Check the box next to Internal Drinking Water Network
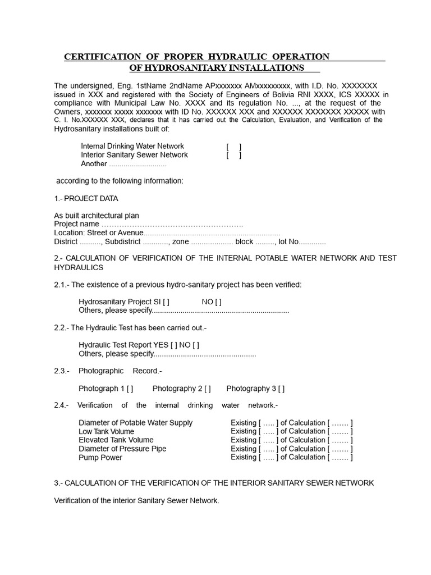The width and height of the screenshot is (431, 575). [x=234, y=147]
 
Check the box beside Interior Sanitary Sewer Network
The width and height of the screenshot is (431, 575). [x=234, y=155]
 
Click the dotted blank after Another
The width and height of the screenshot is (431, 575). [x=137, y=164]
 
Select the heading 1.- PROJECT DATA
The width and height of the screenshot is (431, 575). [x=86, y=199]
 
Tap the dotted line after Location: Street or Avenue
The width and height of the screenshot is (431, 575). [x=212, y=233]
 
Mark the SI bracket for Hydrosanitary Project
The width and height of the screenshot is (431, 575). [x=166, y=302]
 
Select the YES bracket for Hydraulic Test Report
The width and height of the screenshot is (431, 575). [x=173, y=345]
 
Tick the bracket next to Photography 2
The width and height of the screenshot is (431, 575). [x=208, y=389]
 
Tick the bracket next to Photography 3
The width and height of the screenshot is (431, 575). [x=281, y=389]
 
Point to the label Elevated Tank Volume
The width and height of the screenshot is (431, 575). [x=116, y=440]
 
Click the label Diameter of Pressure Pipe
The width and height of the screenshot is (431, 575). [x=122, y=449]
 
